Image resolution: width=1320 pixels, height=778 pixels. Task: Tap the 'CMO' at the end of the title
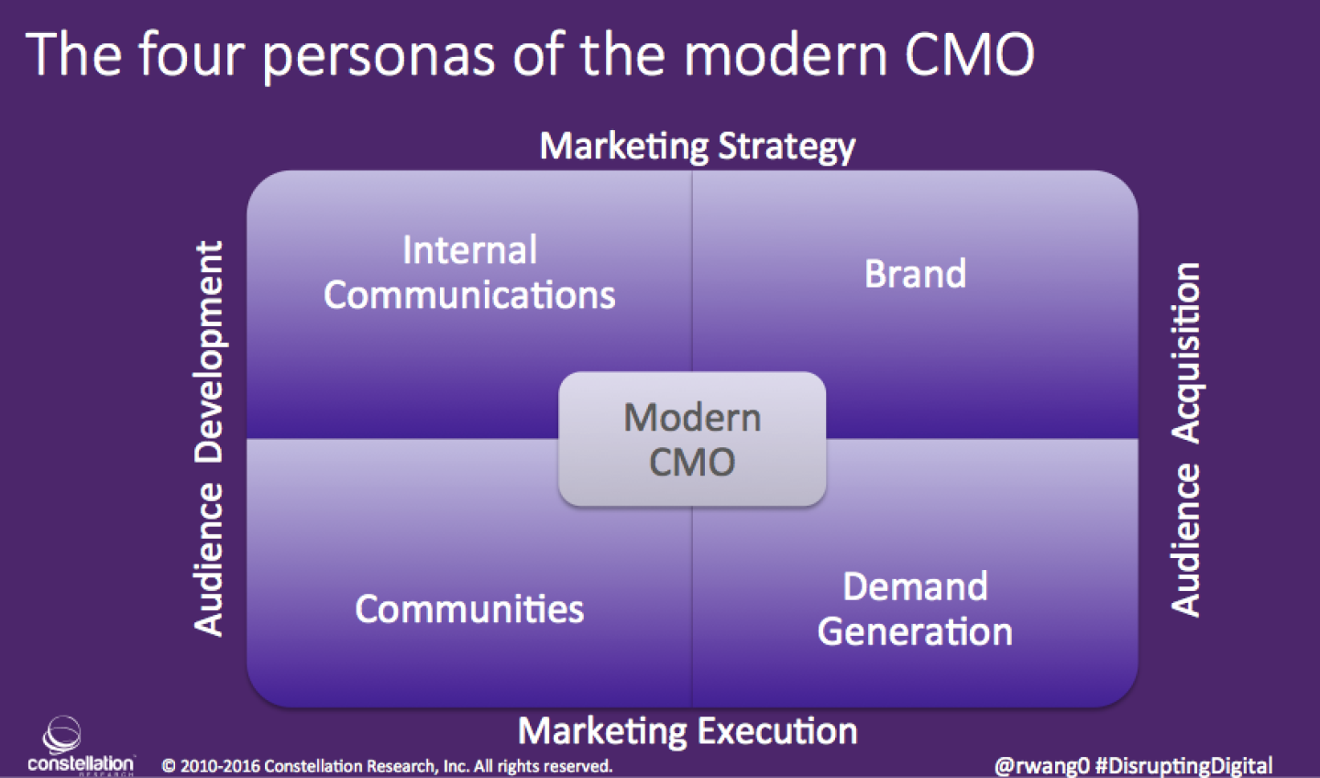[x=969, y=53]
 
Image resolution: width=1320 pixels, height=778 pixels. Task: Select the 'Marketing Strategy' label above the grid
[x=697, y=147]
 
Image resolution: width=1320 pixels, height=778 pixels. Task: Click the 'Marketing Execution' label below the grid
[x=687, y=731]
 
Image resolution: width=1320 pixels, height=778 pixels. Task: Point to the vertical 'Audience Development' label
[x=209, y=438]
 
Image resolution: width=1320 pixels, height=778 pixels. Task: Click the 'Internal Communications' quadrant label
[x=469, y=273]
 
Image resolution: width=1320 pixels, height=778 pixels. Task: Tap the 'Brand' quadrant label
[x=915, y=274]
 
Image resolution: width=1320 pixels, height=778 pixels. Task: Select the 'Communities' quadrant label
[x=469, y=609]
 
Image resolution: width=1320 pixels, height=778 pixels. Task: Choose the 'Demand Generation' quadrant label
[x=915, y=609]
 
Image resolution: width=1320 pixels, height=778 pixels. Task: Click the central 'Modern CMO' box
[x=692, y=439]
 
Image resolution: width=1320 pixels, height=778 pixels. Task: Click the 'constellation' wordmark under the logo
[x=81, y=763]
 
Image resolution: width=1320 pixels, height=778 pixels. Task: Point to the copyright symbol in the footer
[x=169, y=766]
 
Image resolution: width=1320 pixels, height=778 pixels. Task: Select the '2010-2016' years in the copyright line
[x=220, y=766]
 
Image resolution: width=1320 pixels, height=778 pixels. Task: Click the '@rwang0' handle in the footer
[x=1041, y=766]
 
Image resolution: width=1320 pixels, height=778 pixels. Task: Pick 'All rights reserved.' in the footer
[x=543, y=766]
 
